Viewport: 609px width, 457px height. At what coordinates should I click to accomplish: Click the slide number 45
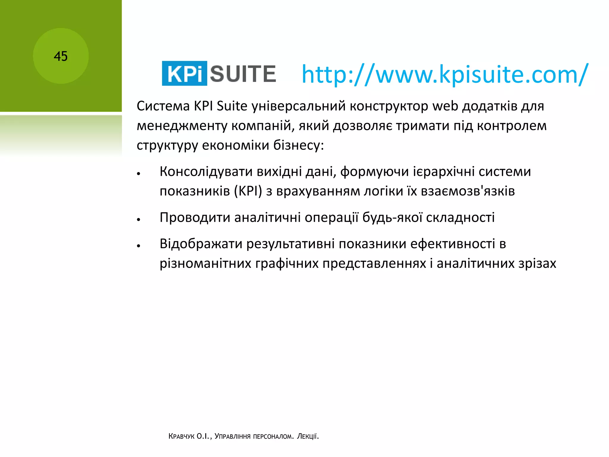[61, 56]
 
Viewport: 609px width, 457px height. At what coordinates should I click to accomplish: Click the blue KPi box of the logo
[184, 73]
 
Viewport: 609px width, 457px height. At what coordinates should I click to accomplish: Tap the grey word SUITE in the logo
[243, 74]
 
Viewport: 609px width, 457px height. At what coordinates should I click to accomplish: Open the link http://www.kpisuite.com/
[445, 74]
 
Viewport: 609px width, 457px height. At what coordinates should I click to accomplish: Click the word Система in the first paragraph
[163, 106]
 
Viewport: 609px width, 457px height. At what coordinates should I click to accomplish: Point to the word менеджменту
[182, 126]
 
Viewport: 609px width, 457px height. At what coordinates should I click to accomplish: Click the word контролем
[511, 126]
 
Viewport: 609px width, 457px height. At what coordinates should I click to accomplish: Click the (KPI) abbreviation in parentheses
[248, 191]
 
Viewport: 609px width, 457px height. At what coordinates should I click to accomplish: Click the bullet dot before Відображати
[139, 246]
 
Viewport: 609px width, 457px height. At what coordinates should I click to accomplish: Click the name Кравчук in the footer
[181, 436]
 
